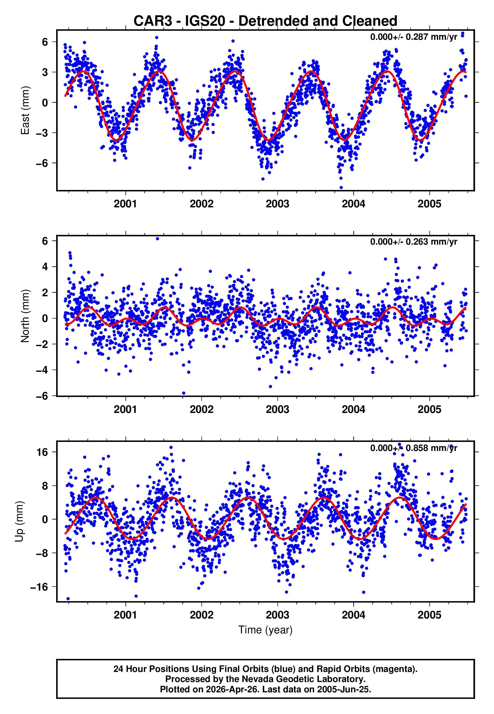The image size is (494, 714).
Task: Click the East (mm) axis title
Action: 25,110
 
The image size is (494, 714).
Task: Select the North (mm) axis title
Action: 25,316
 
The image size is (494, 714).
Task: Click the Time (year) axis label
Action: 265,630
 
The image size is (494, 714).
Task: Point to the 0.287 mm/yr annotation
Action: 413,37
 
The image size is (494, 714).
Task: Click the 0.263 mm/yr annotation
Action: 413,242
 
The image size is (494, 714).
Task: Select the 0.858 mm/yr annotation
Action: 413,448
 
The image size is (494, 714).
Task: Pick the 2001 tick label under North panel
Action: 125,409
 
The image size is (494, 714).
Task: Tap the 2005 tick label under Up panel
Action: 429,615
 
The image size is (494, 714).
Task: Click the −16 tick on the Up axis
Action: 39,587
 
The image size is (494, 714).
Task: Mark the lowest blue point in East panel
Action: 341,187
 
